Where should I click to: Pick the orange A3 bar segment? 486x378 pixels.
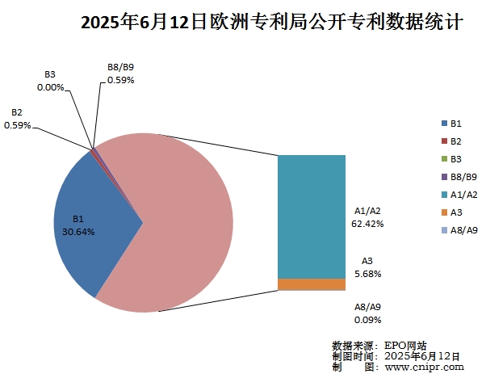[312, 284]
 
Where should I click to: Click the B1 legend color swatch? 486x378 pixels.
[444, 124]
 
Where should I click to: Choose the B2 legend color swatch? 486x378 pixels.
[444, 141]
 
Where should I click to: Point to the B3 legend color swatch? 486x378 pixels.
[444, 159]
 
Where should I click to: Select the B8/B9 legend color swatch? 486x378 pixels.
[444, 177]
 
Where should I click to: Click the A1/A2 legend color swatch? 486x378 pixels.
[444, 195]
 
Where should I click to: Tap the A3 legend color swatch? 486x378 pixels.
[444, 212]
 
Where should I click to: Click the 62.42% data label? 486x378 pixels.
[367, 223]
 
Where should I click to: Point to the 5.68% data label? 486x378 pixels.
[367, 273]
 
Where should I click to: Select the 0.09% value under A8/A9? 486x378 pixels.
[367, 319]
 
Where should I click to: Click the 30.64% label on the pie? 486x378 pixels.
[78, 232]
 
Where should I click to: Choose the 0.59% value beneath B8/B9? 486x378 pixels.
[120, 80]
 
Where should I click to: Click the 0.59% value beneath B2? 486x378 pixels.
[17, 125]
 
